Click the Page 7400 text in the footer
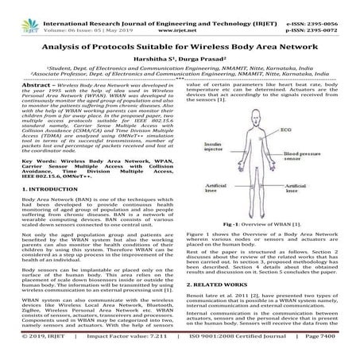point(334,350)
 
